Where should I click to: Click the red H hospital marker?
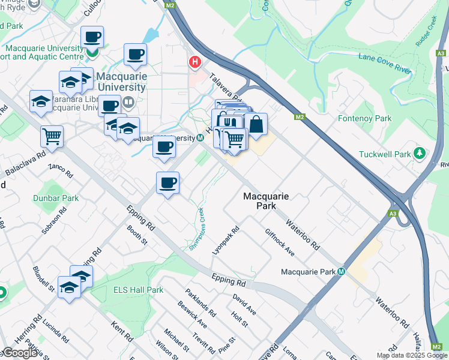coord(194,61)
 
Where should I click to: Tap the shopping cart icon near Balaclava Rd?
coord(52,136)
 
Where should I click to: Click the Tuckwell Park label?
coord(385,154)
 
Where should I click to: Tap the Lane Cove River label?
coord(385,63)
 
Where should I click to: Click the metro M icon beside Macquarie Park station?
coord(341,272)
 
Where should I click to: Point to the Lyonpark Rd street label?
coord(226,239)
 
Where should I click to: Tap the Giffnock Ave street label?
coord(280,242)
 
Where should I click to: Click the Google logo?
coord(20,353)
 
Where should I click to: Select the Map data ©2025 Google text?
coord(412,355)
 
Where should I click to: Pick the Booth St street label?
coord(137,235)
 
